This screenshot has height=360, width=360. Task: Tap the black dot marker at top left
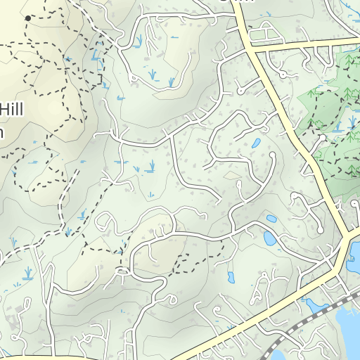click(x=27, y=18)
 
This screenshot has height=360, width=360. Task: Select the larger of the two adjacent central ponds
click(x=270, y=238)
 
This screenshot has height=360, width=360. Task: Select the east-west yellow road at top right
click(x=302, y=46)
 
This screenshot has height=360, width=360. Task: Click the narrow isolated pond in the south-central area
click(x=231, y=276)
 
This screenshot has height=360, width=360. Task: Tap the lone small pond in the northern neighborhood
click(x=257, y=143)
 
